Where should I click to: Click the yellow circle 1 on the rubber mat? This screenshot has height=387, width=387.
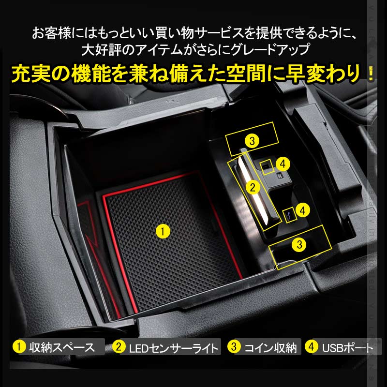(163, 231)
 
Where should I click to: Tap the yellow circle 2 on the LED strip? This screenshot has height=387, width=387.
(251, 185)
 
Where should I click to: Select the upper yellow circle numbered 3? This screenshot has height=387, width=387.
(252, 141)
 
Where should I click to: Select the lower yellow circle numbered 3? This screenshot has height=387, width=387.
(300, 244)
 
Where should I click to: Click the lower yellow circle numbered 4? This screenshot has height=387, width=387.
(302, 210)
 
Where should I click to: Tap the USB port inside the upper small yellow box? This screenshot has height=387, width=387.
(266, 166)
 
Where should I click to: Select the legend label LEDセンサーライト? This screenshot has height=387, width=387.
(172, 347)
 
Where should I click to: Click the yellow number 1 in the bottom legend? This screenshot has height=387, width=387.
(19, 346)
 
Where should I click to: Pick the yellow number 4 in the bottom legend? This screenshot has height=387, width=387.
(312, 346)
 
